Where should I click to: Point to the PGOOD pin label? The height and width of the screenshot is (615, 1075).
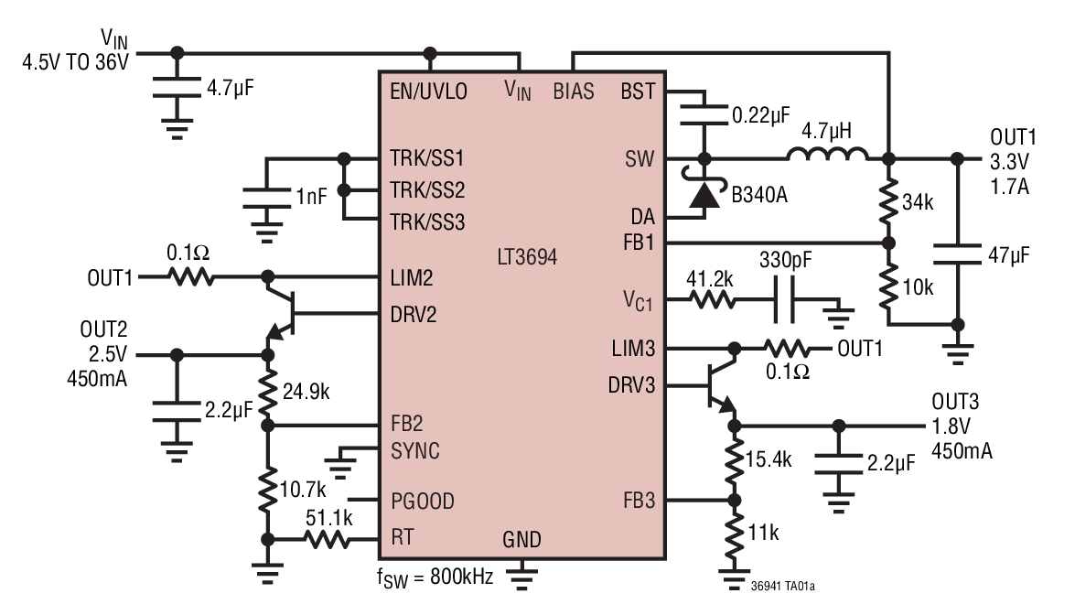tap(422, 502)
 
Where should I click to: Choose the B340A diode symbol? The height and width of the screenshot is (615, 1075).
tap(704, 193)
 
